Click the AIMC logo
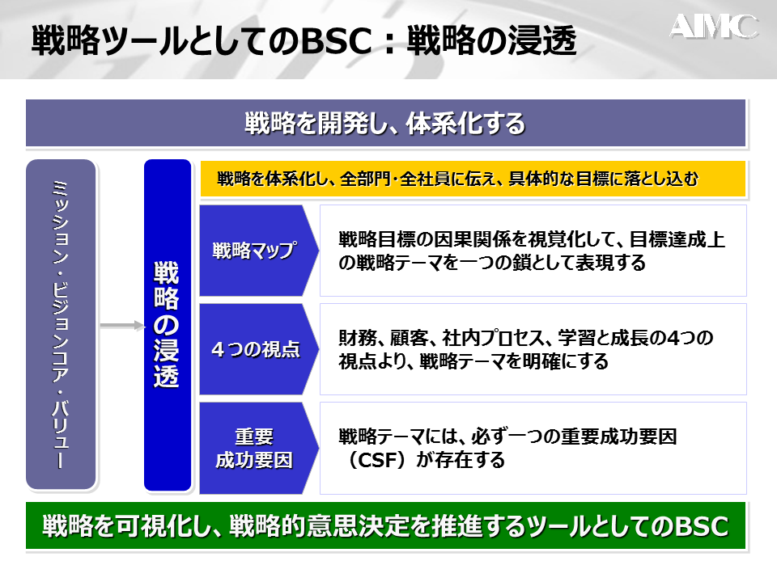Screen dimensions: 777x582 [x=714, y=27]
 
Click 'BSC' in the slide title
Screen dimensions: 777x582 [x=336, y=40]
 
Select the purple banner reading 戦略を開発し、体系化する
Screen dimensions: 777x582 [x=385, y=123]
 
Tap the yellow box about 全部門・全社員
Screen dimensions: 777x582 [x=473, y=179]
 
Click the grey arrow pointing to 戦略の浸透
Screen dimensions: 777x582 [x=122, y=325]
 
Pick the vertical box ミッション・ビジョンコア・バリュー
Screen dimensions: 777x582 [x=61, y=324]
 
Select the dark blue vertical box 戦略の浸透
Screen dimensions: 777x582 [x=168, y=325]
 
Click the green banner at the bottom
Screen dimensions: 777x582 [x=385, y=525]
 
